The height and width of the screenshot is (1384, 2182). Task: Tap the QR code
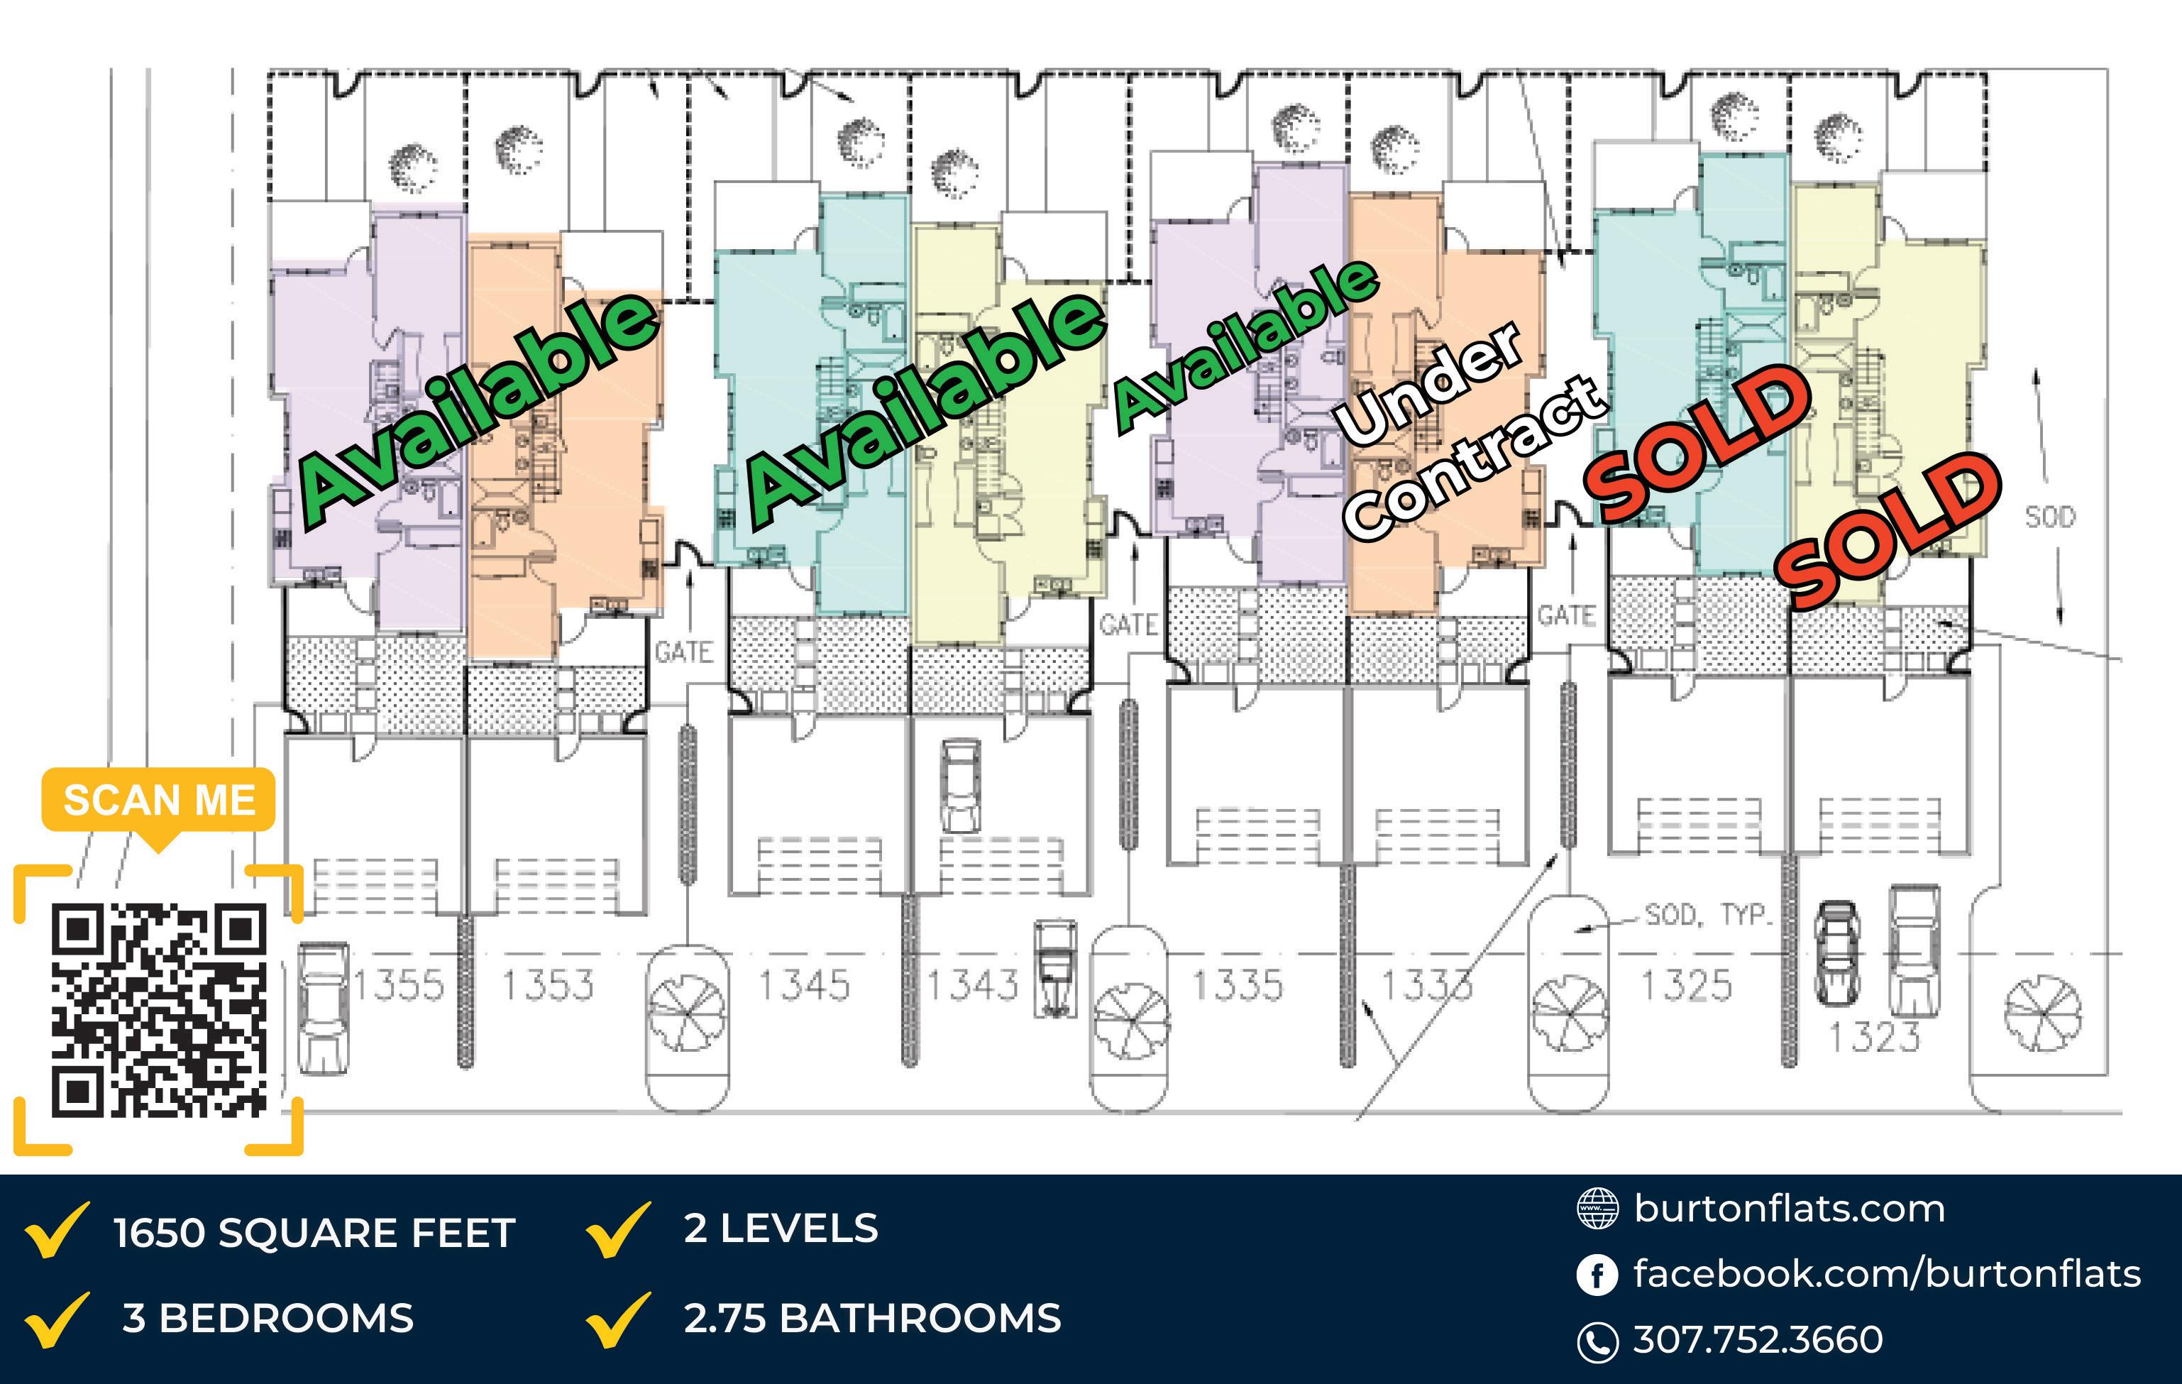[158, 1010]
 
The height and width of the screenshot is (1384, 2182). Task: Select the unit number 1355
[399, 985]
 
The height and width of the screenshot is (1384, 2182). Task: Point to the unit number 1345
[804, 985]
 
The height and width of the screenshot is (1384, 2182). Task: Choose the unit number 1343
[972, 985]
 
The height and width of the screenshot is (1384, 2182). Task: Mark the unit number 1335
[1237, 985]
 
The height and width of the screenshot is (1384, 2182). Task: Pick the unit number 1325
[1686, 985]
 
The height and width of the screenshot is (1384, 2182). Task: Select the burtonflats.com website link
[1790, 1209]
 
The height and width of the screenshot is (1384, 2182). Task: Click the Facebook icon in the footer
[1597, 1275]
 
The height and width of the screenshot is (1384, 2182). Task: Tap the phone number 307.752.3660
[1758, 1339]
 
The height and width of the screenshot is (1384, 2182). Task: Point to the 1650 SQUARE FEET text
[314, 1234]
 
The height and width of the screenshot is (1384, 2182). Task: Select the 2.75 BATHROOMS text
[871, 1319]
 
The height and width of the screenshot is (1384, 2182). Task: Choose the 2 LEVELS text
[781, 1229]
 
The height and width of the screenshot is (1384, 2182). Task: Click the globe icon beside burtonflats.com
[1597, 1209]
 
